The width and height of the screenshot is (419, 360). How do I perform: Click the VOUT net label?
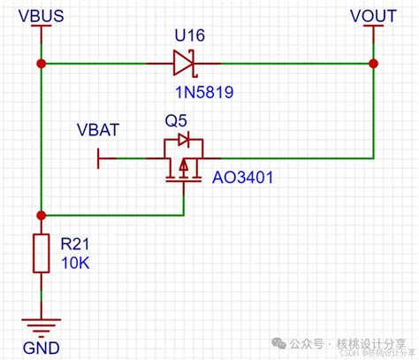tap(373, 14)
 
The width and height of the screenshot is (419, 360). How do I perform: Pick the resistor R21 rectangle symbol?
tap(40, 253)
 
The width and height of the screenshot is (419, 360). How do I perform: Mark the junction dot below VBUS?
tap(40, 64)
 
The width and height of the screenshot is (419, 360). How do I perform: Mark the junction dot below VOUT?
tap(373, 64)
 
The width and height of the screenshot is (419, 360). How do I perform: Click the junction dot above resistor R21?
tap(40, 214)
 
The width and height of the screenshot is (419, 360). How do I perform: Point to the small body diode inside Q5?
tap(183, 141)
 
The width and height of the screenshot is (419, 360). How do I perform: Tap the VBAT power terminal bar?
tap(98, 158)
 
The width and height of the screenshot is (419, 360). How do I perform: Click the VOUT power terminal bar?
tap(373, 28)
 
